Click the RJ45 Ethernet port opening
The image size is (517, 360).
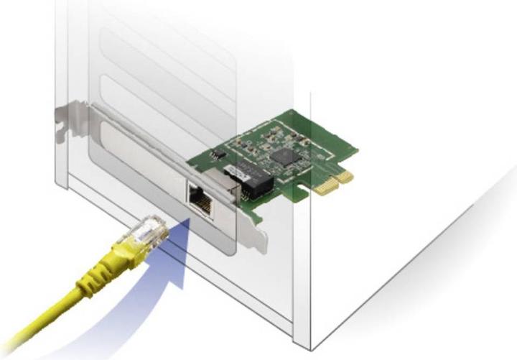tap(200, 198)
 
